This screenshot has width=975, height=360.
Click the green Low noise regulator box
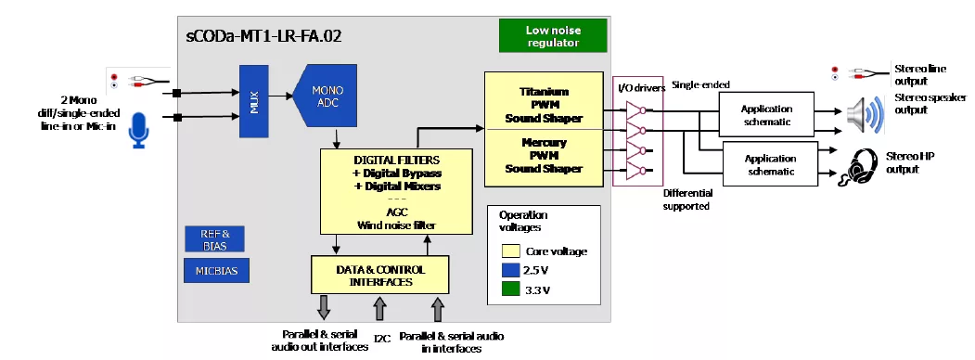click(x=553, y=36)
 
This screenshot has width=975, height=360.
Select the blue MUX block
click(x=253, y=101)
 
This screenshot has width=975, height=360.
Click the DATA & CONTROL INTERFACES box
click(x=380, y=275)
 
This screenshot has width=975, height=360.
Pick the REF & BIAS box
click(x=214, y=238)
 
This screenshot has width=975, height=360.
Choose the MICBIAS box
click(x=216, y=271)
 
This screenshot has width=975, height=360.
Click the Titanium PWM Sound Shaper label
click(x=544, y=105)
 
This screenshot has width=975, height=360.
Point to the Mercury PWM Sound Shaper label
click(x=544, y=156)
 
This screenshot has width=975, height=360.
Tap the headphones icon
click(x=859, y=165)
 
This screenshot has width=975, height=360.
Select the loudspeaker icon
click(x=865, y=115)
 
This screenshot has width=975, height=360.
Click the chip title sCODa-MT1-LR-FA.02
click(x=263, y=36)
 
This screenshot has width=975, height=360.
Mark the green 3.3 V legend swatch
click(x=510, y=289)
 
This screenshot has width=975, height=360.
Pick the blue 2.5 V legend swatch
click(x=510, y=271)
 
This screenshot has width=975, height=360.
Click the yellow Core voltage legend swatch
click(x=510, y=251)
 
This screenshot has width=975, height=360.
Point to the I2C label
click(x=382, y=339)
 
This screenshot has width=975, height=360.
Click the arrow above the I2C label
click(x=380, y=309)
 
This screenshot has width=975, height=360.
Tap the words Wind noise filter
click(x=396, y=225)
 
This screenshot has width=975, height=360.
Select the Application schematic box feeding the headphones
click(x=770, y=163)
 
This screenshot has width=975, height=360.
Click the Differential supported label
click(x=687, y=199)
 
